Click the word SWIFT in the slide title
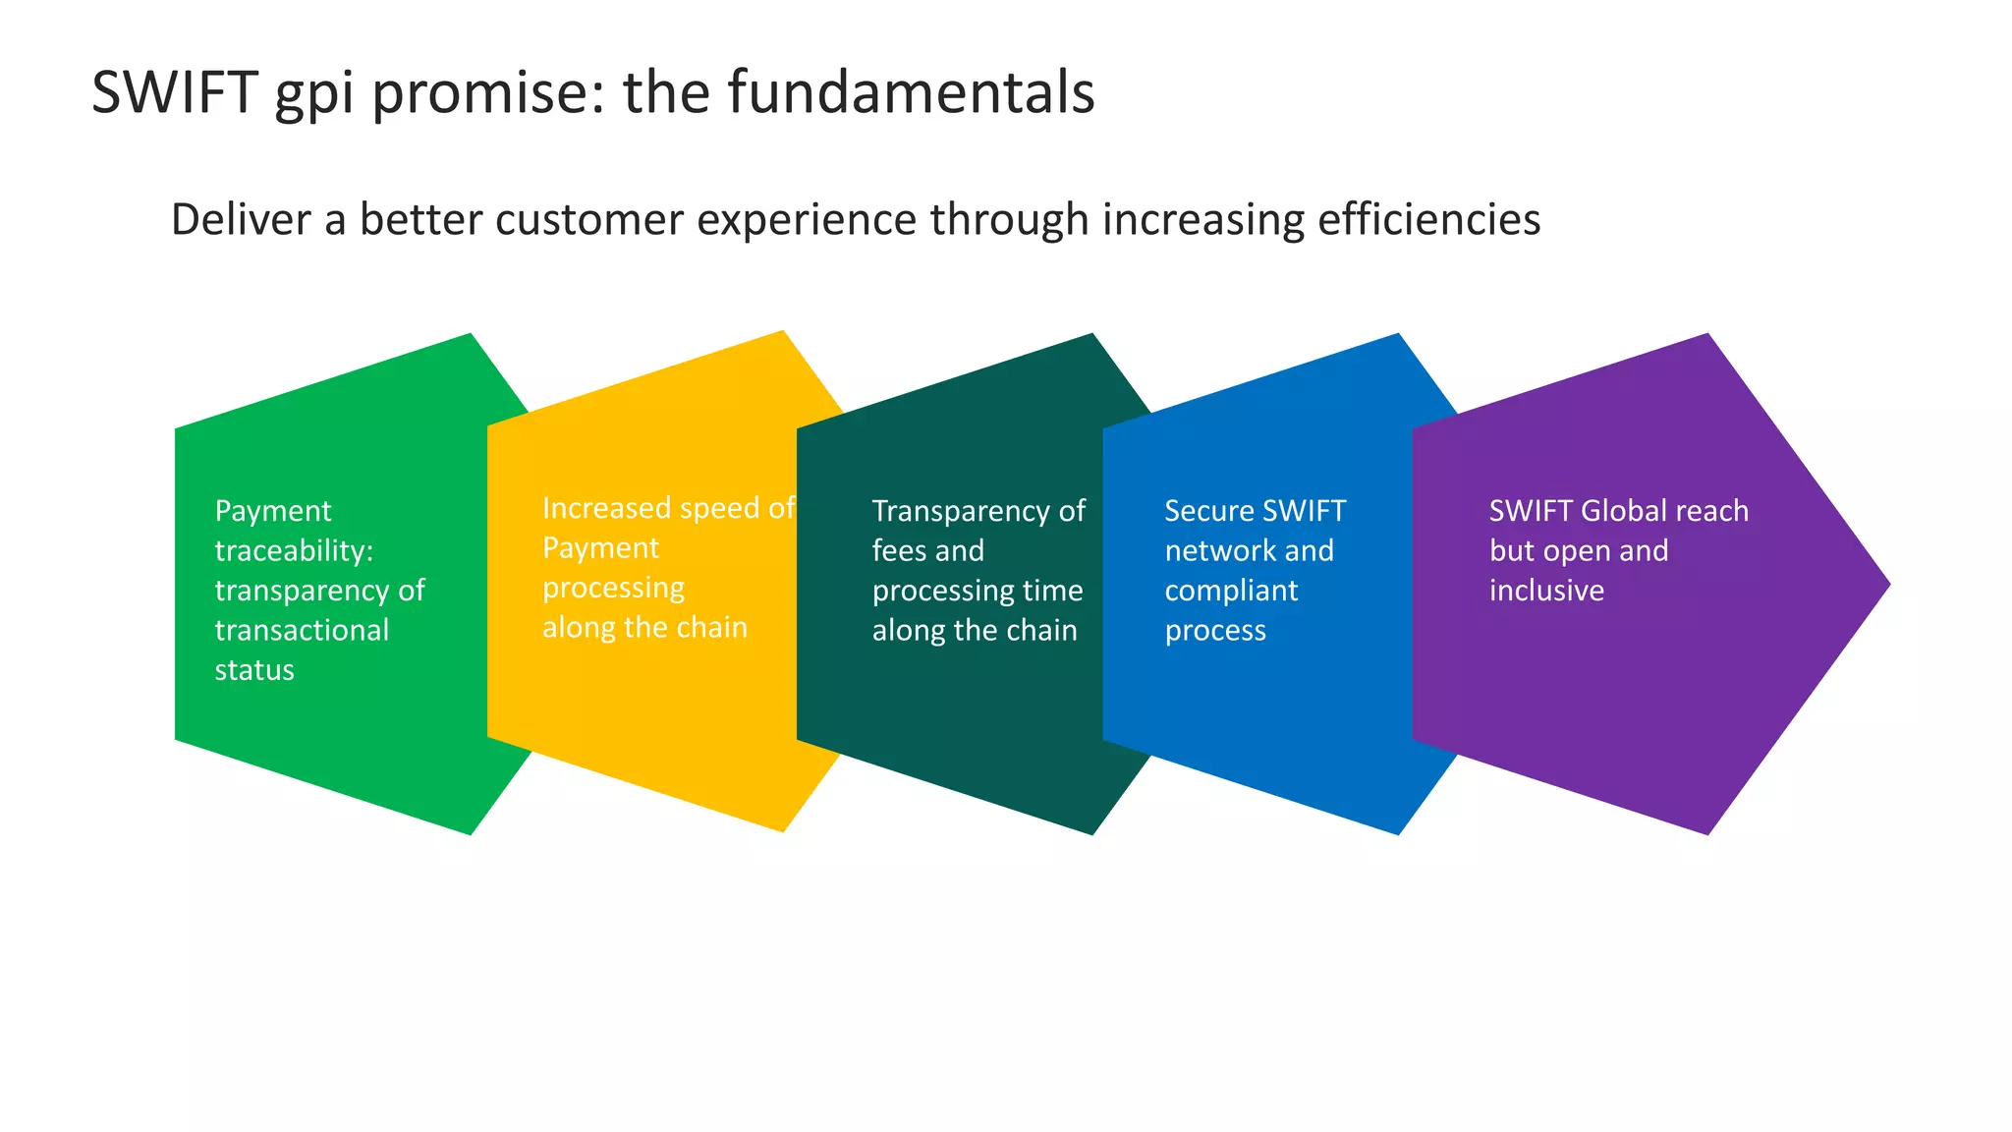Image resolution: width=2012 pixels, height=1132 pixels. coord(174,93)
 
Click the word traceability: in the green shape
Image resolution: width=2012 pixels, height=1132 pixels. coord(294,551)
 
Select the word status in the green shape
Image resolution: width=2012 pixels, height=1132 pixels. coord(254,671)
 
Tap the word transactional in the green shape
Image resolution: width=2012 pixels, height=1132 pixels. coord(302,631)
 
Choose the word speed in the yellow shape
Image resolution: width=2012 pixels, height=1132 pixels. coord(719,509)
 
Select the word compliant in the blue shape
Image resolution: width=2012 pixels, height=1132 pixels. coord(1231,591)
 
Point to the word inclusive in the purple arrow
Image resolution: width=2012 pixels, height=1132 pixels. coord(1546,591)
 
